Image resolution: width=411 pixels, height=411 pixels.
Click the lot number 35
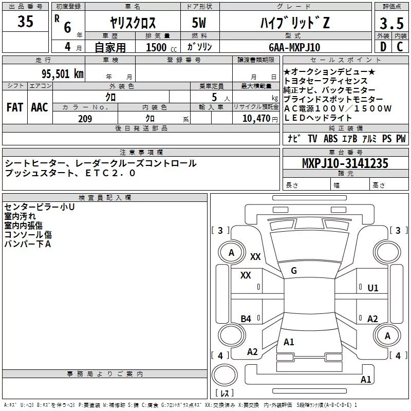(25, 21)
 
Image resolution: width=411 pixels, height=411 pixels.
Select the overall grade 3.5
(391, 23)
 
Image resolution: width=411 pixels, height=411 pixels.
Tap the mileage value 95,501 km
(62, 74)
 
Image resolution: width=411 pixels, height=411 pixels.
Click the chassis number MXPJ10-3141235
(345, 163)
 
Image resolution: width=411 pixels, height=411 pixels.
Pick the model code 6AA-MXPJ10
(294, 47)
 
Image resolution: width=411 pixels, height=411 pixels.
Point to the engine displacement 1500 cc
(161, 47)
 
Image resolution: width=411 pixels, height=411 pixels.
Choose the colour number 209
(85, 119)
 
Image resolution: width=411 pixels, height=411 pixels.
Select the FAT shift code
(15, 107)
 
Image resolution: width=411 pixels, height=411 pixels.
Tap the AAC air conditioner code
(40, 107)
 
